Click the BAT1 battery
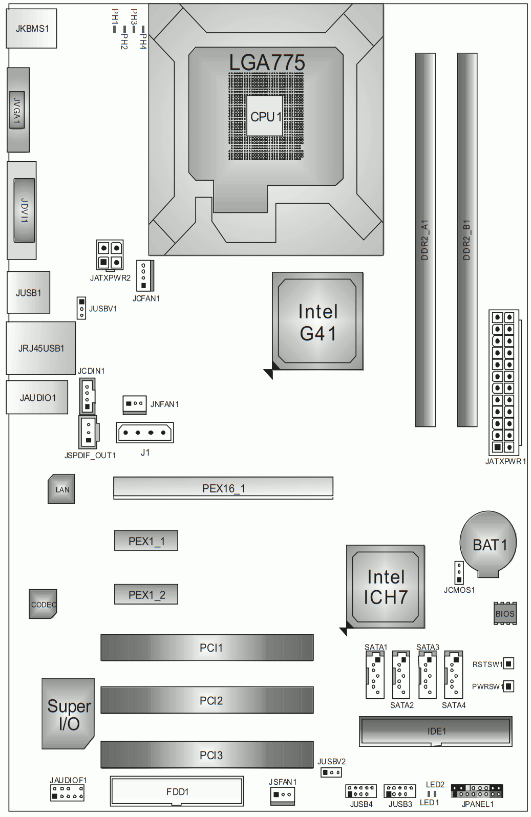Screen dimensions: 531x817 coord(488,544)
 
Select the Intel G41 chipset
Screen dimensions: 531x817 coord(317,321)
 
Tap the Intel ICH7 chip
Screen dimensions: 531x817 coord(386,587)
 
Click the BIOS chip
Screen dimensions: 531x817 coord(505,613)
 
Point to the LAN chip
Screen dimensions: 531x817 coord(61,489)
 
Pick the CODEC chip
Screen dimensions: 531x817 coord(43,604)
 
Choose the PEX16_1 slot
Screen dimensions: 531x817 coord(223,488)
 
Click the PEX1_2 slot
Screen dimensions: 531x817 coord(146,594)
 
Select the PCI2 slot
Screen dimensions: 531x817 coord(207,700)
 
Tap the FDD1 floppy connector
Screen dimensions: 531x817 coord(177,791)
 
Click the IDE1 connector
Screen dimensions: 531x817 coord(435,732)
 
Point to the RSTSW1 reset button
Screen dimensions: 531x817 coord(509,663)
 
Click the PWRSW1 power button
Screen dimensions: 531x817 coord(509,686)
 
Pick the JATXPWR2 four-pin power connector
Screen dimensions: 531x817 coord(110,255)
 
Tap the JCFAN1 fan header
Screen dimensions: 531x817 coord(145,275)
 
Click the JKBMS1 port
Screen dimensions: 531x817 coord(31,28)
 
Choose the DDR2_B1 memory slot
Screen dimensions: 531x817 coord(467,240)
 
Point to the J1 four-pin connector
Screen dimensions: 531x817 coord(144,433)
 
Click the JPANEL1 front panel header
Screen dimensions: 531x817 coord(477,791)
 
